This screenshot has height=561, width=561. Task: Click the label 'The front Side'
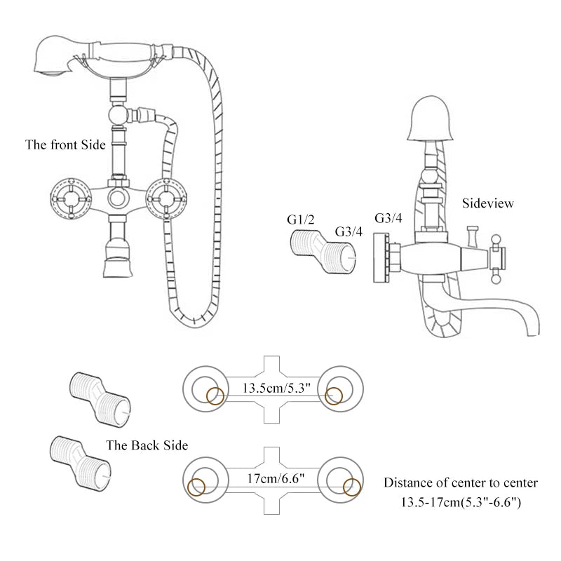(x=65, y=145)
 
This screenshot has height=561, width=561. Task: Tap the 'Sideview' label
(x=488, y=203)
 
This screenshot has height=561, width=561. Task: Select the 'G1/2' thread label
(x=301, y=219)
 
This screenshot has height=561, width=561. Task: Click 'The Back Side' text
(x=147, y=445)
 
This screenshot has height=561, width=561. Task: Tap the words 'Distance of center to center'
(x=461, y=482)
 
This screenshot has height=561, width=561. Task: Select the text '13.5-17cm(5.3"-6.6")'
(x=460, y=502)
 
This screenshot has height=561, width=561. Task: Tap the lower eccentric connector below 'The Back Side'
(x=81, y=460)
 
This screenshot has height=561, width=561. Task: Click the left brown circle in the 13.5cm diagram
(x=215, y=396)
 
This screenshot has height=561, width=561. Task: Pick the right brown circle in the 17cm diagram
(x=351, y=487)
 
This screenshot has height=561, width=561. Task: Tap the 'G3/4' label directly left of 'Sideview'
(x=388, y=218)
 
